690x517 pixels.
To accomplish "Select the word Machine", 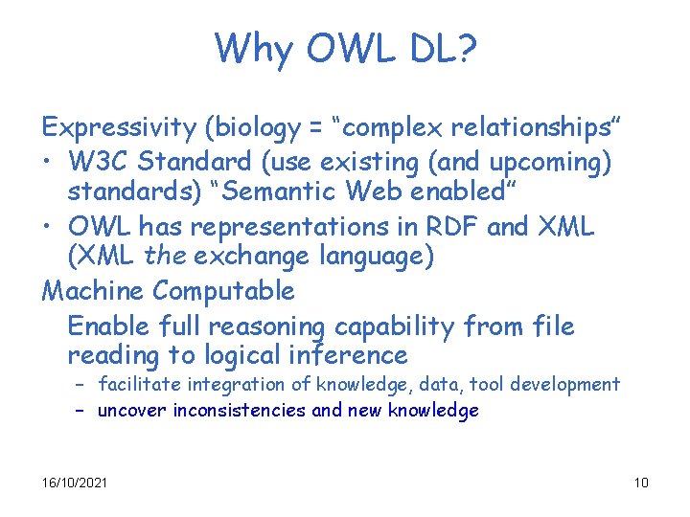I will [93, 289].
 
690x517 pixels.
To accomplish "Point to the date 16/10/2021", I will [75, 482].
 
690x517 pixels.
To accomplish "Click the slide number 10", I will [641, 482].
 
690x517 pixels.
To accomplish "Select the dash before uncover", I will [81, 411].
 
